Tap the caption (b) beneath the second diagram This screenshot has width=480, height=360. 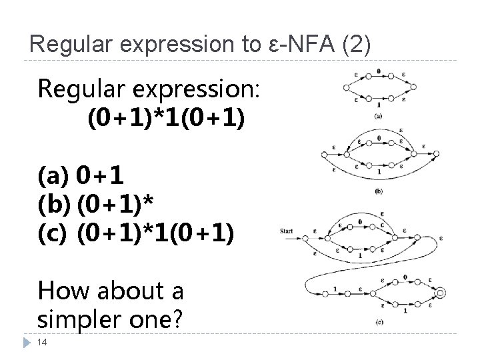(x=379, y=192)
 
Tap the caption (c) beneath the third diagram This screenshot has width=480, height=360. (x=379, y=322)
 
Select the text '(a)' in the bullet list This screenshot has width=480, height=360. (x=53, y=177)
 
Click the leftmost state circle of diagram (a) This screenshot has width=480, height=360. (x=345, y=87)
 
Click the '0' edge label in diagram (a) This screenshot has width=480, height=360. (x=379, y=71)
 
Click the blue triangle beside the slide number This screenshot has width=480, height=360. (x=27, y=342)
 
